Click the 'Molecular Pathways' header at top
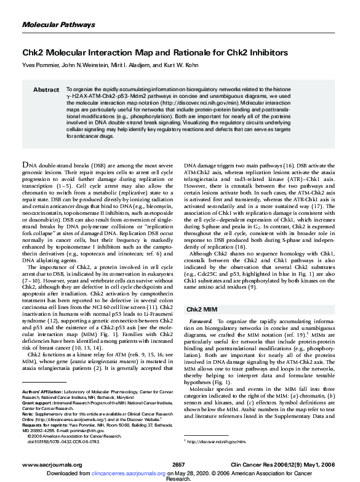click(x=54, y=24)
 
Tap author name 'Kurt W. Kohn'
click(x=175, y=65)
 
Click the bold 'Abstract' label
click(x=46, y=90)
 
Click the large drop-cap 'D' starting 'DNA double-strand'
click(x=26, y=150)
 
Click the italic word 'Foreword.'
click(x=201, y=322)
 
